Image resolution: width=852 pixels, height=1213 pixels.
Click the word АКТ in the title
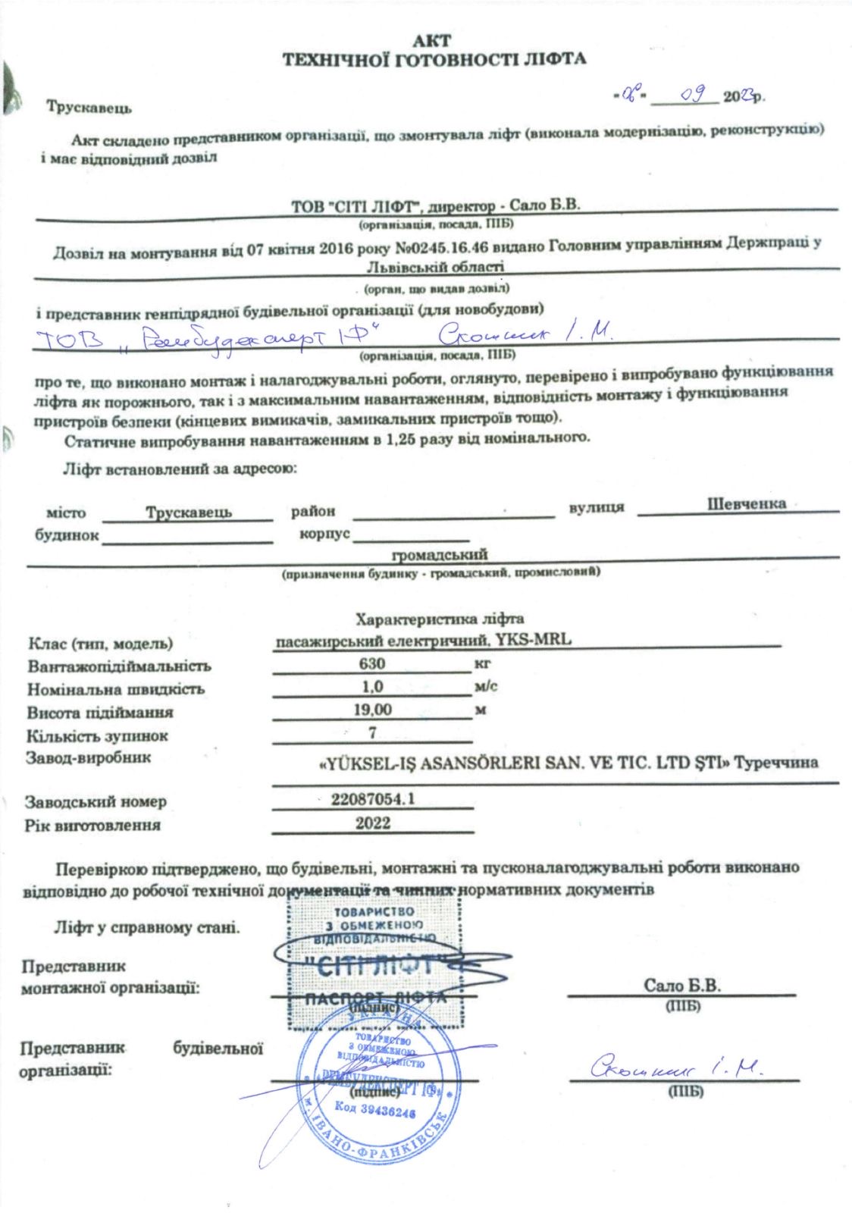click(433, 42)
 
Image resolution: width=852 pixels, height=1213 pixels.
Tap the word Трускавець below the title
click(89, 107)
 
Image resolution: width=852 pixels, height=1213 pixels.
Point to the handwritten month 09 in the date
click(694, 94)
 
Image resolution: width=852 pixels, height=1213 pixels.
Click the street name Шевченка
click(746, 504)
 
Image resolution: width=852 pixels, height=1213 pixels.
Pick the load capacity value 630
click(372, 663)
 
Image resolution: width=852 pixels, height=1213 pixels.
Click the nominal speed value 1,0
click(372, 687)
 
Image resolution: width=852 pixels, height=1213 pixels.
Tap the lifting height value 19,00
click(372, 710)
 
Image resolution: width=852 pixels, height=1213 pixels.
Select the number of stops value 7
click(372, 733)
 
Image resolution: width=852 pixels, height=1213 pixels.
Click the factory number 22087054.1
click(372, 799)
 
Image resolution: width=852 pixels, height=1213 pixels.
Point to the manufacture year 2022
click(372, 823)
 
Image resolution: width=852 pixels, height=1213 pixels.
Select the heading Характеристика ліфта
click(439, 619)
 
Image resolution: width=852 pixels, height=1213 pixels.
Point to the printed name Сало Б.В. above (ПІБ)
click(682, 986)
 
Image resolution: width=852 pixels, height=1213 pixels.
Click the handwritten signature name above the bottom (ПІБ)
click(675, 1067)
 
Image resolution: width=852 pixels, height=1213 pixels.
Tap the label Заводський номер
click(96, 801)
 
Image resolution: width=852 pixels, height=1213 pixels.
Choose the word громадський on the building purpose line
click(439, 555)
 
